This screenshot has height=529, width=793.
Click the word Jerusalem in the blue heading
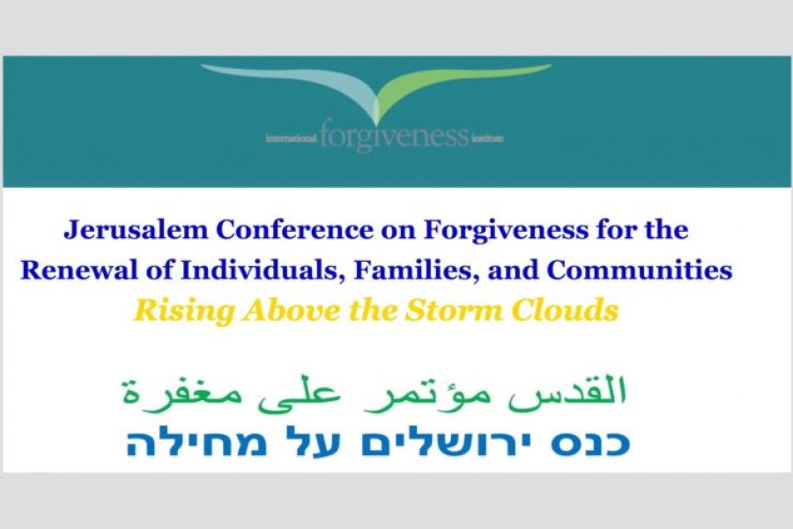(136, 231)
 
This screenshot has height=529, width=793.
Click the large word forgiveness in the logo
(395, 136)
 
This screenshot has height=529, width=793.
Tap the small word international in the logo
(292, 138)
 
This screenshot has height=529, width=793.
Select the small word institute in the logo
(487, 138)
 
